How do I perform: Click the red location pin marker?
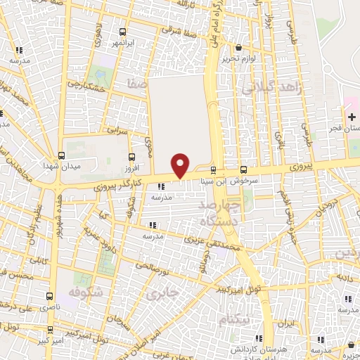pyautogui.click(x=181, y=165)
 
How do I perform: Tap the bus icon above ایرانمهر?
pyautogui.click(x=123, y=32)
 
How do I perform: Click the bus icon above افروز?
pyautogui.click(x=131, y=157)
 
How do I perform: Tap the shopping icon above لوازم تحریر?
pyautogui.click(x=238, y=48)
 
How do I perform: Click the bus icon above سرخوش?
pyautogui.click(x=243, y=169)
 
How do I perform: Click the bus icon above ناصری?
pyautogui.click(x=49, y=297)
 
